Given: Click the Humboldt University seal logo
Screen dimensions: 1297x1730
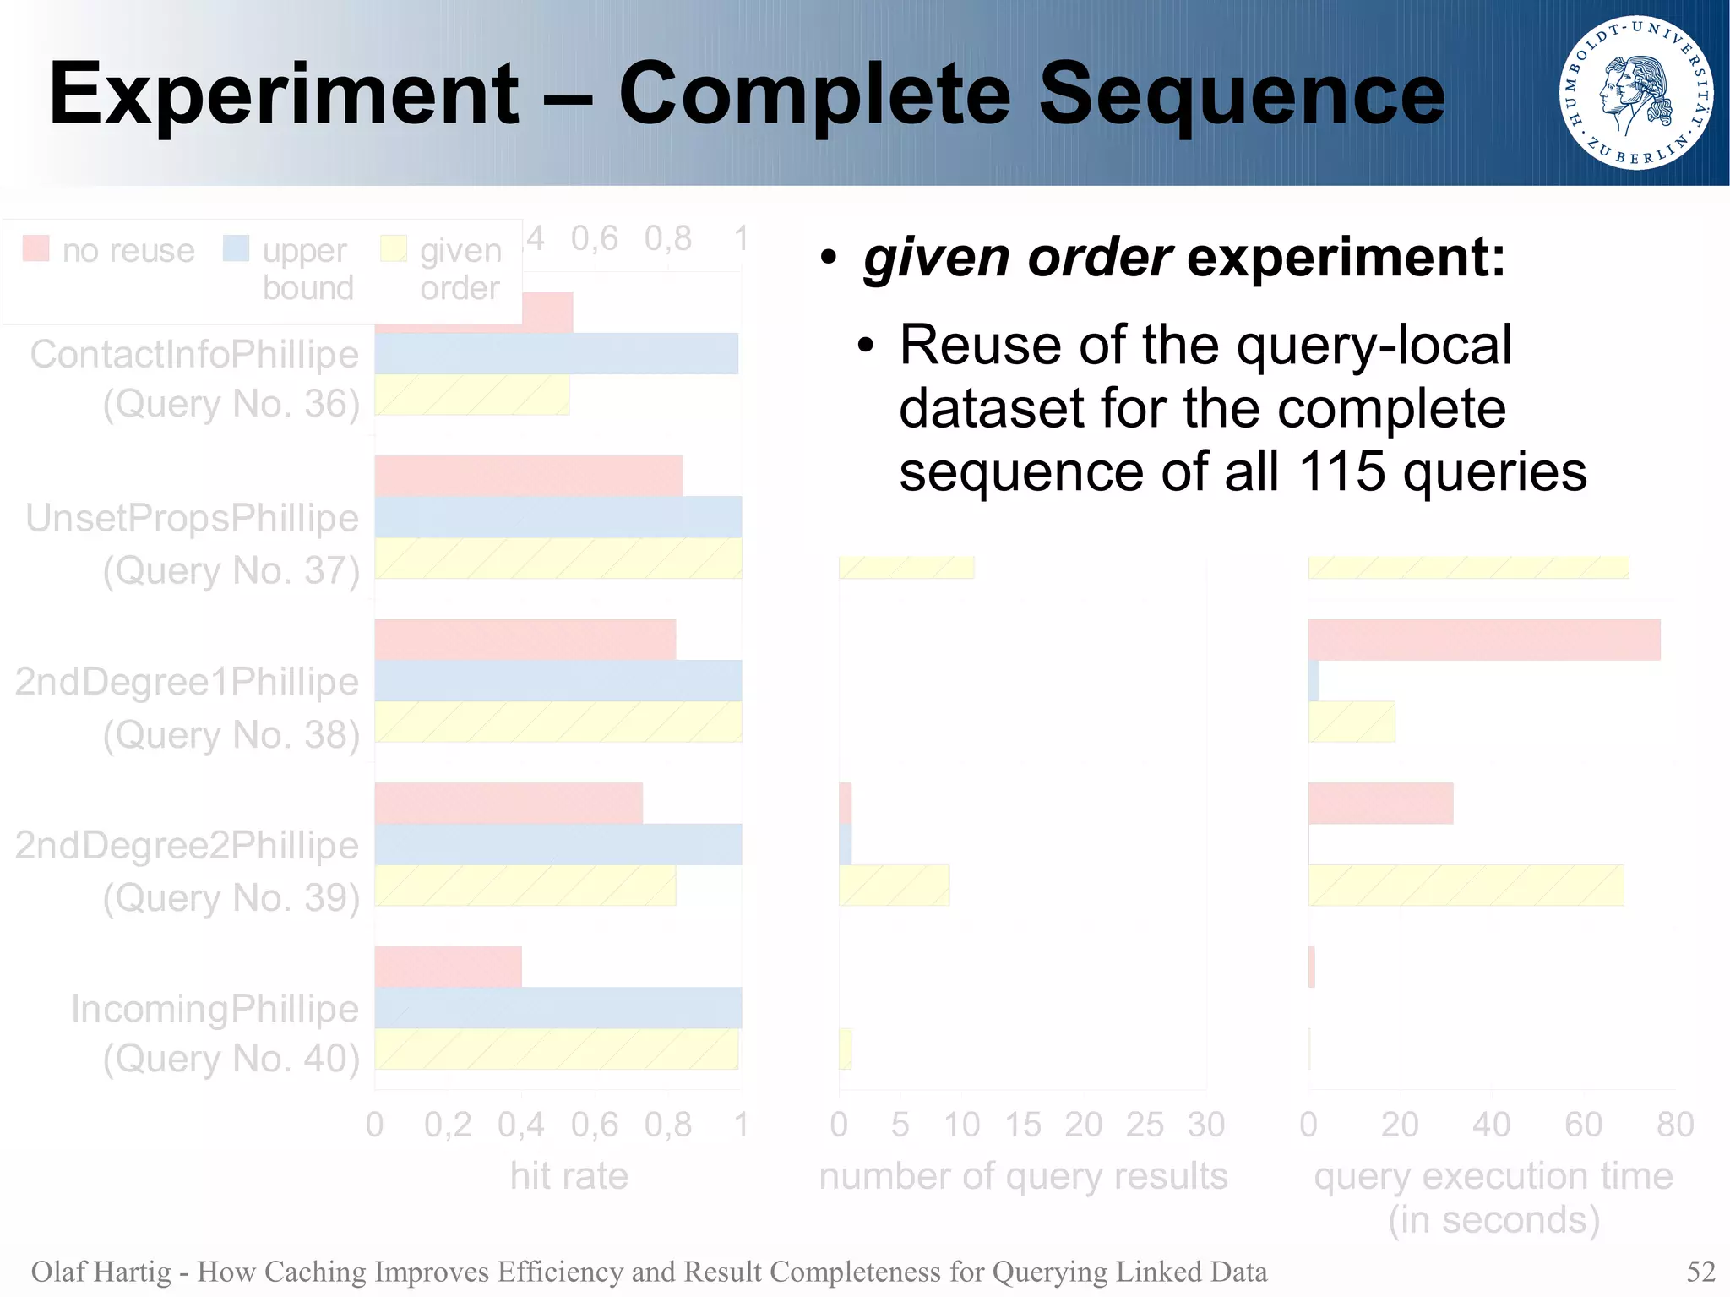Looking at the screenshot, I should [x=1636, y=93].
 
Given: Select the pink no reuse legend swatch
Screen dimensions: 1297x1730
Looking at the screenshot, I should [x=35, y=248].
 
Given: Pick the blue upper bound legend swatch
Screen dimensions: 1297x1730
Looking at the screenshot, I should [x=236, y=248].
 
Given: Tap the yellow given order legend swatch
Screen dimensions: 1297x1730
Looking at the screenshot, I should [x=394, y=248].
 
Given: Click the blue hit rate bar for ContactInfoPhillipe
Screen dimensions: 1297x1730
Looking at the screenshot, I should [x=556, y=353].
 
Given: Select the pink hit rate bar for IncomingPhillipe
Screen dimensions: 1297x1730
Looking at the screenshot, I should [x=448, y=967].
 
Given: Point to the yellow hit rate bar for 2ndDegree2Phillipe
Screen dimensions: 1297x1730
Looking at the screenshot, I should [x=525, y=885].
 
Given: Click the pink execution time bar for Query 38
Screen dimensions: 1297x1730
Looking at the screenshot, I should [x=1483, y=640].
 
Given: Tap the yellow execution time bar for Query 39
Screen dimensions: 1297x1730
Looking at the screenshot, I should [x=1466, y=885].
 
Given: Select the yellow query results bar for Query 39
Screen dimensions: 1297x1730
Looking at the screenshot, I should [x=894, y=885].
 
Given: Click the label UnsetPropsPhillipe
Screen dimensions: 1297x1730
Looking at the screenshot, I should [x=193, y=518].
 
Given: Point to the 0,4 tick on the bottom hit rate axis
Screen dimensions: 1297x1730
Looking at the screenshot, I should [x=520, y=1125].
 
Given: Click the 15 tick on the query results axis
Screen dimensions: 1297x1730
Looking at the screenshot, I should [x=1022, y=1125].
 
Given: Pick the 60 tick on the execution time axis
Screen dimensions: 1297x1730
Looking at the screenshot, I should [x=1582, y=1125].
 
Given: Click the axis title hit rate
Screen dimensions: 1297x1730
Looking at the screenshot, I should [x=569, y=1175].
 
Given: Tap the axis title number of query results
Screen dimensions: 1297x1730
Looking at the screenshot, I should [x=1022, y=1175].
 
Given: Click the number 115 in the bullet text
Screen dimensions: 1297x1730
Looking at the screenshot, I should [x=1341, y=471].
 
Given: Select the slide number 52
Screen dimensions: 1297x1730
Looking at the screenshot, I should [x=1700, y=1271].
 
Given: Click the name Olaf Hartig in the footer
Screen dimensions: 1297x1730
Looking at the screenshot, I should [x=101, y=1271].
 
